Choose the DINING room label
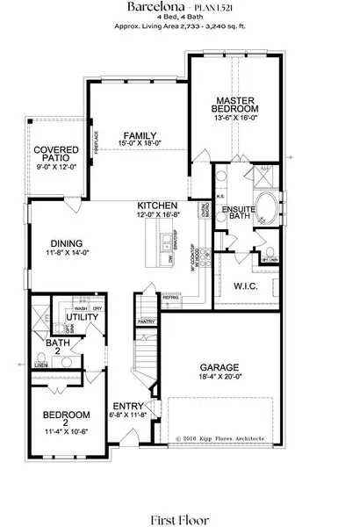[67, 245]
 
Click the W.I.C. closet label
[244, 286]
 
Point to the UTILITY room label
[69, 316]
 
